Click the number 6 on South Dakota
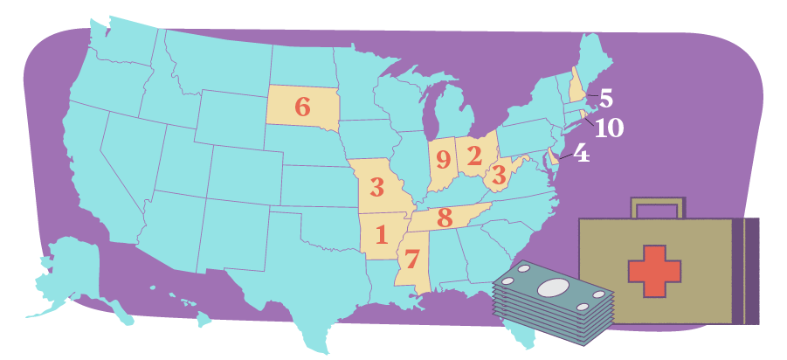click(302, 107)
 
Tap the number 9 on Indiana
click(444, 159)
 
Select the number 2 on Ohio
click(474, 156)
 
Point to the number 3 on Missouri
click(376, 187)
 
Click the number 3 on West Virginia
click(499, 176)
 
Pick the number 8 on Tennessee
click(445, 217)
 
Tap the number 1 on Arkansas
click(381, 234)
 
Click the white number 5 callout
click(606, 98)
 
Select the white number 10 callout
click(609, 128)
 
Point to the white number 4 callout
click(581, 154)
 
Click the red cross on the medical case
click(654, 270)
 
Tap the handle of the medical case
click(655, 207)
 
